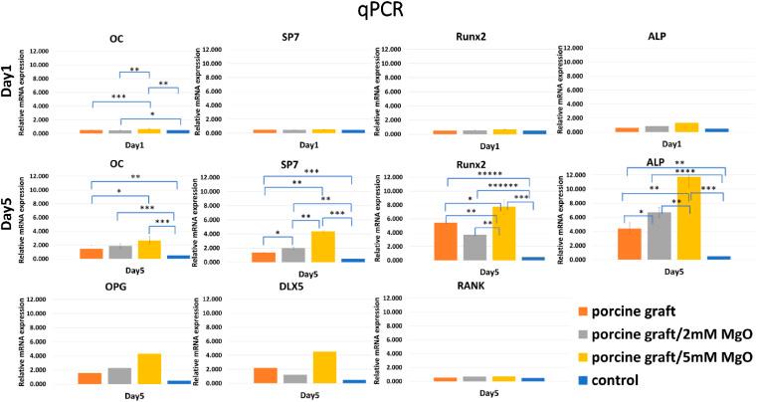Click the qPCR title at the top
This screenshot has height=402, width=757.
378,13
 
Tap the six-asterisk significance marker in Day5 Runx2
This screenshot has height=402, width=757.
502,186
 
